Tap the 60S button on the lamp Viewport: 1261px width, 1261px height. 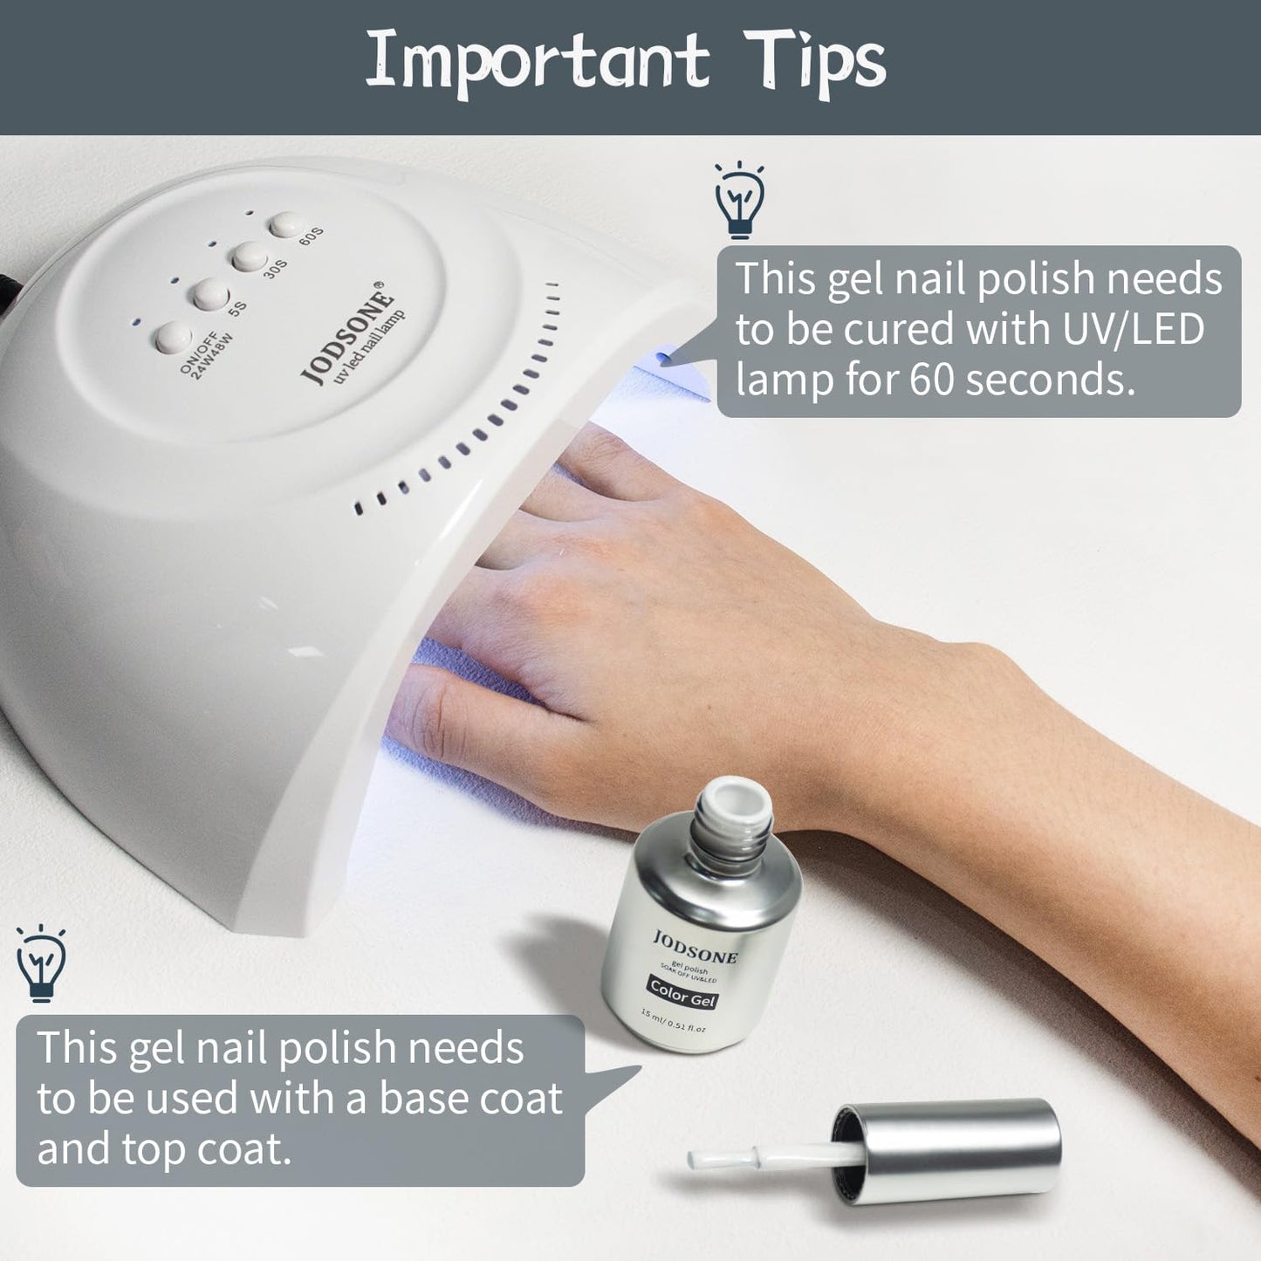pyautogui.click(x=286, y=225)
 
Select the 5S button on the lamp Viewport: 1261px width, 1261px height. pyautogui.click(x=210, y=295)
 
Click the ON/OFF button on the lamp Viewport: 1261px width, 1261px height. pyautogui.click(x=174, y=338)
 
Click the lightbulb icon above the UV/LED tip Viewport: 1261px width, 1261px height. pyautogui.click(x=739, y=199)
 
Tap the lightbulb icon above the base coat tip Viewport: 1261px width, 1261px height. pyautogui.click(x=41, y=963)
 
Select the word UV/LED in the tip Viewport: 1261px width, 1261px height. pyautogui.click(x=1133, y=328)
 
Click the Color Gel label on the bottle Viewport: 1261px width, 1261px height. pyautogui.click(x=683, y=993)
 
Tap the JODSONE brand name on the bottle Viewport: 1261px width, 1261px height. pyautogui.click(x=695, y=947)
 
